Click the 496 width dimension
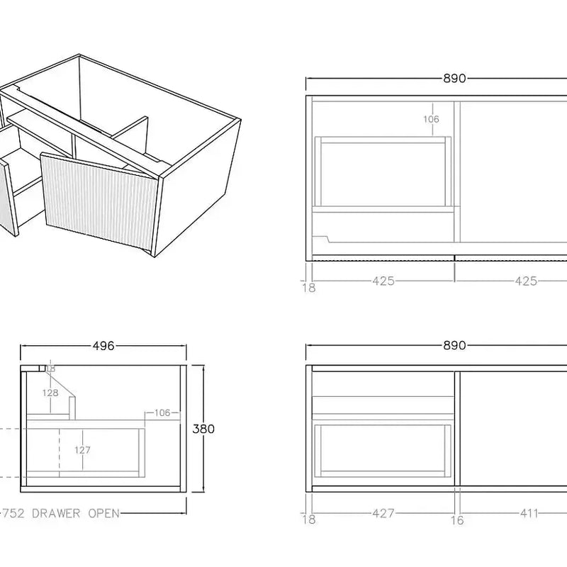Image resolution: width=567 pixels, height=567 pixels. tap(103, 347)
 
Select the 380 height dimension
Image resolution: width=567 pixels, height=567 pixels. tap(203, 429)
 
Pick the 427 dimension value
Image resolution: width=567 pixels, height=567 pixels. tap(383, 513)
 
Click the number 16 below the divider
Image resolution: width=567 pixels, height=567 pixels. tap(457, 520)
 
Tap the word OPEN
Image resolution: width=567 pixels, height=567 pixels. tap(103, 513)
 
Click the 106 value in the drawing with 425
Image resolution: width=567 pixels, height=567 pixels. tap(431, 119)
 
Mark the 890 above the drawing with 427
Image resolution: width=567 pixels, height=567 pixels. tap(454, 346)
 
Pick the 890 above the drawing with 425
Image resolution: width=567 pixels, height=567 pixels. tap(454, 79)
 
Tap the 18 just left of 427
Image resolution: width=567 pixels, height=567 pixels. tap(309, 520)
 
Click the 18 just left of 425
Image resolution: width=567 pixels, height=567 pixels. tap(309, 287)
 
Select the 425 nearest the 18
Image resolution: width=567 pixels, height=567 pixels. tap(383, 281)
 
